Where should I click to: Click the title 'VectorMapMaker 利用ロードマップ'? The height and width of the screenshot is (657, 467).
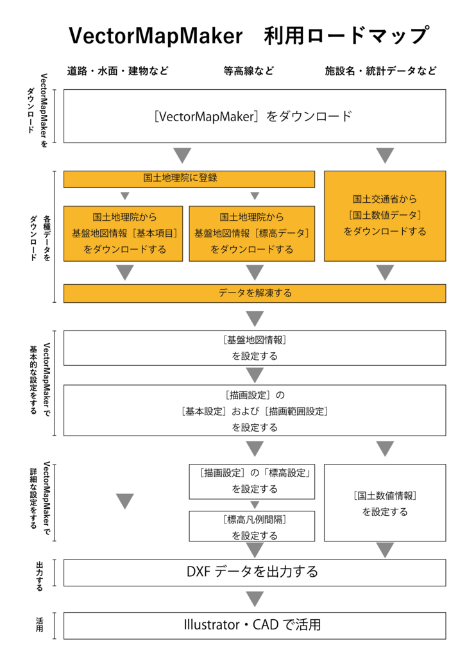[248, 35]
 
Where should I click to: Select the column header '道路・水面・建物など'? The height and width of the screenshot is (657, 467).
[118, 71]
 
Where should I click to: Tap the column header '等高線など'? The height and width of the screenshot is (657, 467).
[249, 71]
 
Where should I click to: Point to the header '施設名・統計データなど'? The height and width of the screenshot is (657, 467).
[381, 71]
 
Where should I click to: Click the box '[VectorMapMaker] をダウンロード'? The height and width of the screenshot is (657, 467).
[254, 116]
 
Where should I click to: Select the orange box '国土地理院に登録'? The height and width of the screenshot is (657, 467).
[189, 179]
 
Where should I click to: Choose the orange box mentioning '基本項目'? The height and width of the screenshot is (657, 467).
[124, 234]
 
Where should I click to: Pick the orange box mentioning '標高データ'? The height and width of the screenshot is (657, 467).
[252, 234]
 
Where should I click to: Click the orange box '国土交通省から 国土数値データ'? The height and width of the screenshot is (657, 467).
[385, 216]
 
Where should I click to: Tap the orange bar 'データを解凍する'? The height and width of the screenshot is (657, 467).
[254, 293]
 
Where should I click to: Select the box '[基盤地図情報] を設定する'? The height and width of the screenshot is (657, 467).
[254, 348]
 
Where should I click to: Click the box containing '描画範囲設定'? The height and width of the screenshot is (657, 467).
[254, 411]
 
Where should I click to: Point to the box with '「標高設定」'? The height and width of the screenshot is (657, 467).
[252, 481]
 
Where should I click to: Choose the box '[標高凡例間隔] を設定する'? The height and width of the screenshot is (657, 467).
[252, 527]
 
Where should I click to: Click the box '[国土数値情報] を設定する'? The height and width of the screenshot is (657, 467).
[385, 504]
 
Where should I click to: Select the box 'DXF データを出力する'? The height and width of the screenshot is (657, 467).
[254, 572]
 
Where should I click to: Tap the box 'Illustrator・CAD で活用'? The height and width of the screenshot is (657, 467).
[254, 625]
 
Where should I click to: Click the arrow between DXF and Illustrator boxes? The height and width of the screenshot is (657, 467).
[255, 599]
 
